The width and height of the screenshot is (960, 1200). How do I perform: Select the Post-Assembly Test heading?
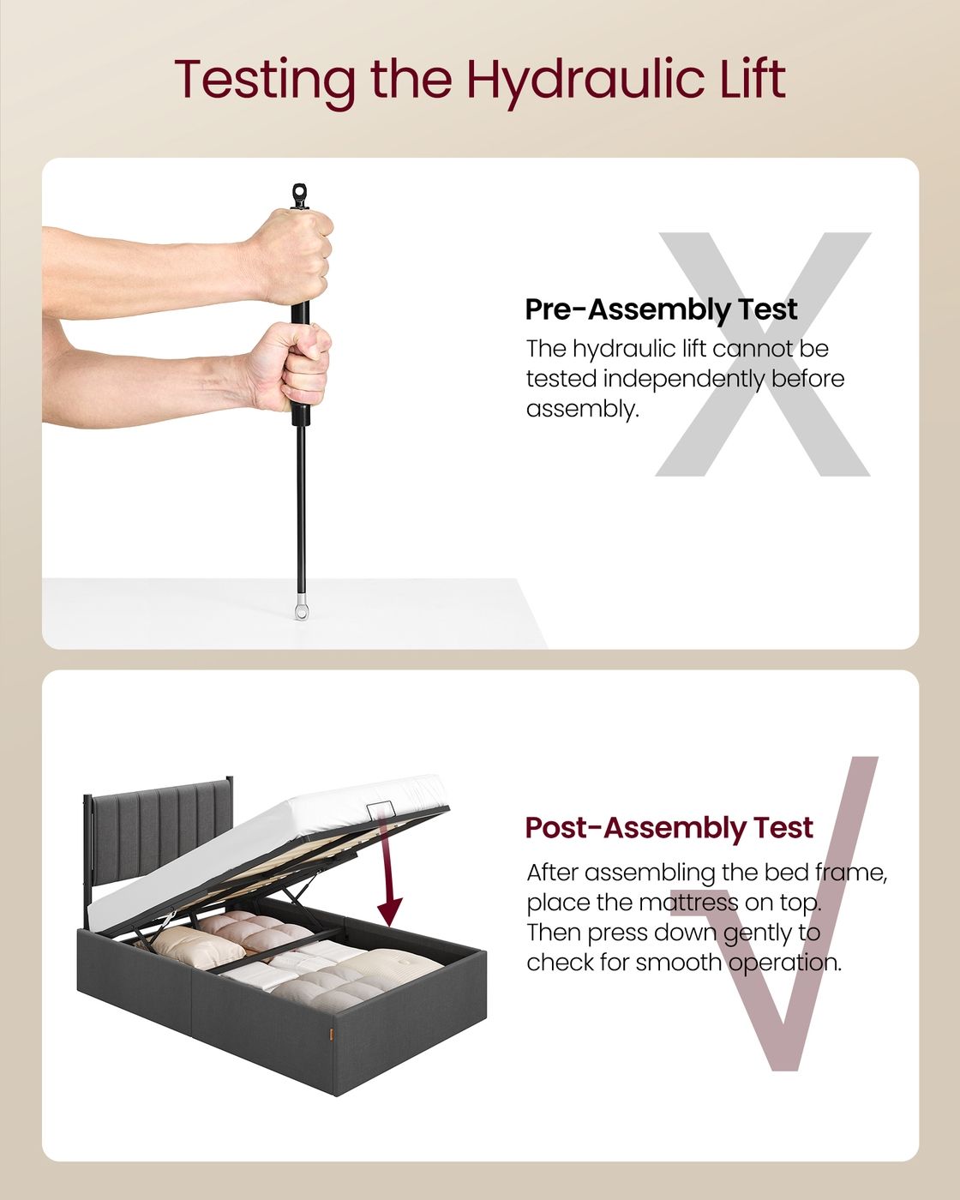669,827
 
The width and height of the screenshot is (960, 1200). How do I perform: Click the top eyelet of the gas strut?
301,195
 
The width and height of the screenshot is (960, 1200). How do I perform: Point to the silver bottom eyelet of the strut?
301,611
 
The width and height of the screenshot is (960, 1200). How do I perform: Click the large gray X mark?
763,354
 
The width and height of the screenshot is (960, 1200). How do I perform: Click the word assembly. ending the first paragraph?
582,410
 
